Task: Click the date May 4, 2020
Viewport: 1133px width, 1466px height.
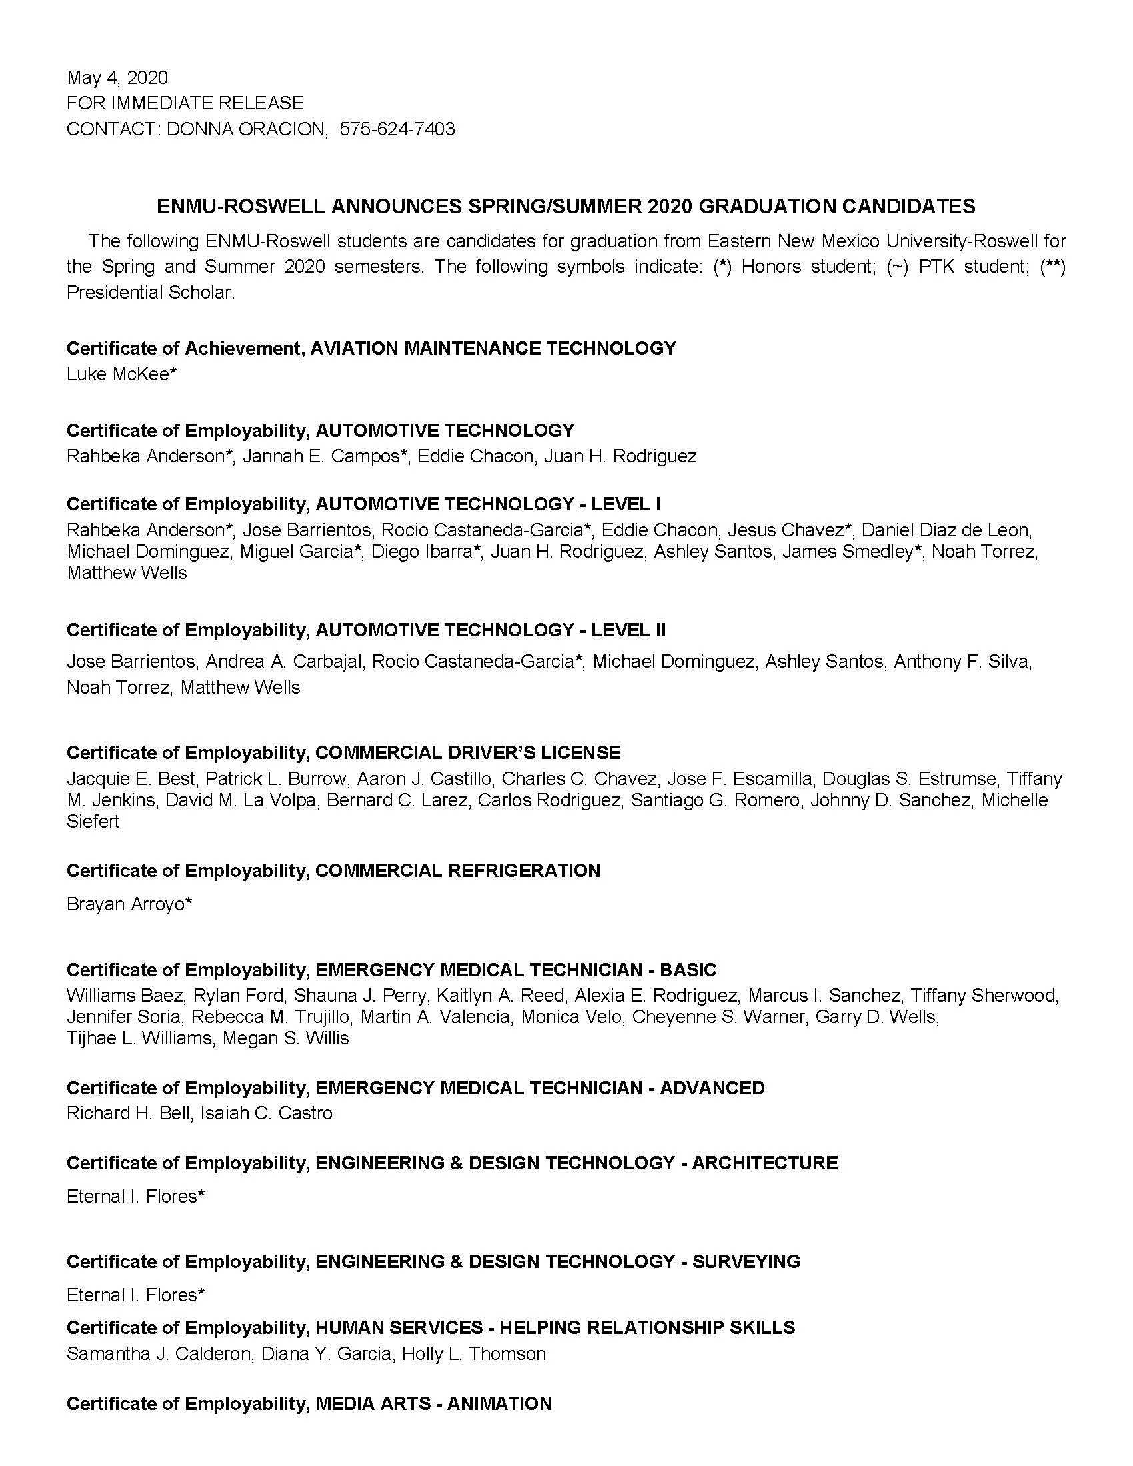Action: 117,78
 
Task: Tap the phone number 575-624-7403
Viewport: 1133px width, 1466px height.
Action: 397,129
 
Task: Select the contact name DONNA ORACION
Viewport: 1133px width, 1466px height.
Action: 245,129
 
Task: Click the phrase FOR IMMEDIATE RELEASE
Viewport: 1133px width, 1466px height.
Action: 185,103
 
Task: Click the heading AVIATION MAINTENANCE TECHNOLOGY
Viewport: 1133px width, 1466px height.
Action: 493,349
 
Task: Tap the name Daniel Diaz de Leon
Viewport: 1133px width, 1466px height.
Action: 946,530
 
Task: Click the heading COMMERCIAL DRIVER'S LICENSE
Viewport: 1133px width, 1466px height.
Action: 468,752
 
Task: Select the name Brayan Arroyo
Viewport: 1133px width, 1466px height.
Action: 125,904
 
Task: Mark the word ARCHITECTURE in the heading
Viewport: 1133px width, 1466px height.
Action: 765,1163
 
